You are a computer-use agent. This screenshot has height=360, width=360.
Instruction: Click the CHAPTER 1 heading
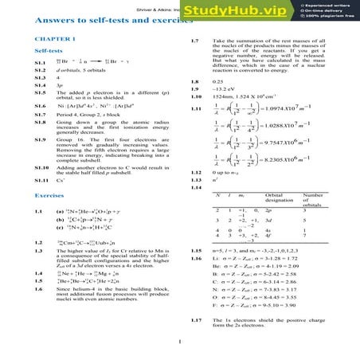click(x=51, y=39)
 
